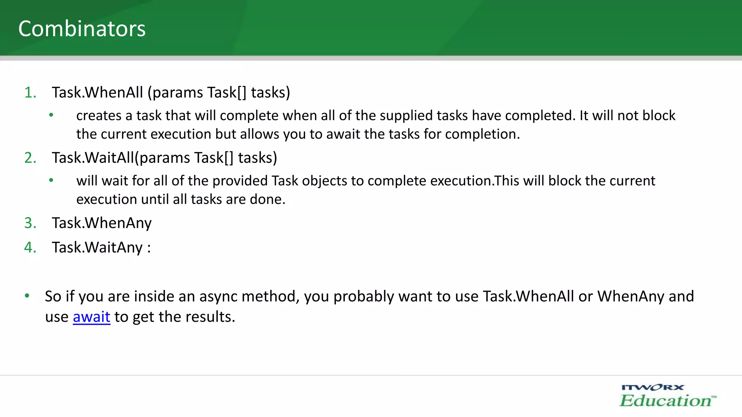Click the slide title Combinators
(x=82, y=29)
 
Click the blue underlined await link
(x=91, y=317)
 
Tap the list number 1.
(x=30, y=93)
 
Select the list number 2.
(x=30, y=158)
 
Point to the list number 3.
(x=30, y=223)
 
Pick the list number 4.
(x=30, y=248)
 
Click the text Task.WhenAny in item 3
(x=101, y=223)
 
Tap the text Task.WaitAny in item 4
(x=97, y=248)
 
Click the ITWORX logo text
(x=653, y=388)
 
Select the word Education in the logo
(x=665, y=401)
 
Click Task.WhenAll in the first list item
(x=97, y=93)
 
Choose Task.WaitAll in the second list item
(x=93, y=158)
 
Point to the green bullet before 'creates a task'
(x=51, y=115)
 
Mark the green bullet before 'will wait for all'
(x=51, y=180)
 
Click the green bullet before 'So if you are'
(x=27, y=296)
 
